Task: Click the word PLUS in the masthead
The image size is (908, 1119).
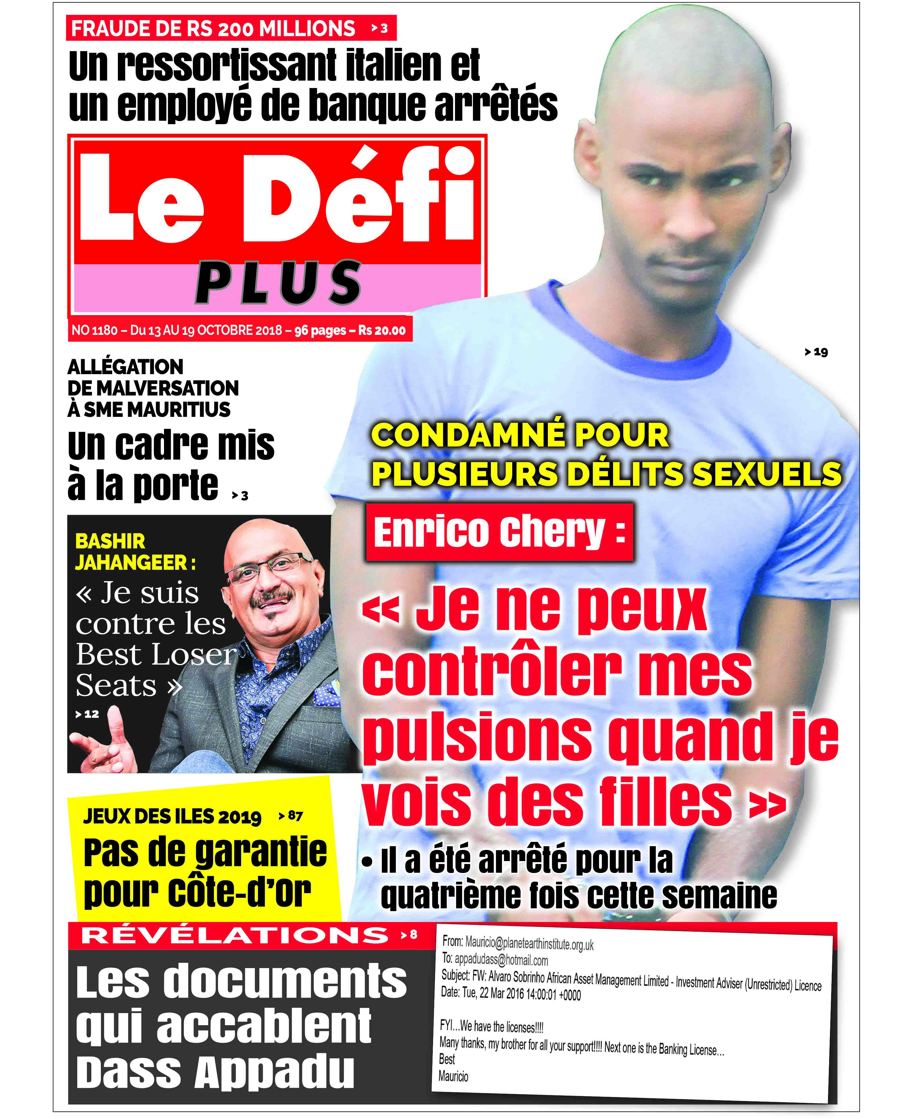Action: tap(278, 283)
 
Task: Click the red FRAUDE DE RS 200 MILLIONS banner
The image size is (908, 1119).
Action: tap(230, 28)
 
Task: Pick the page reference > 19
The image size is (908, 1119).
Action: tap(817, 352)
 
